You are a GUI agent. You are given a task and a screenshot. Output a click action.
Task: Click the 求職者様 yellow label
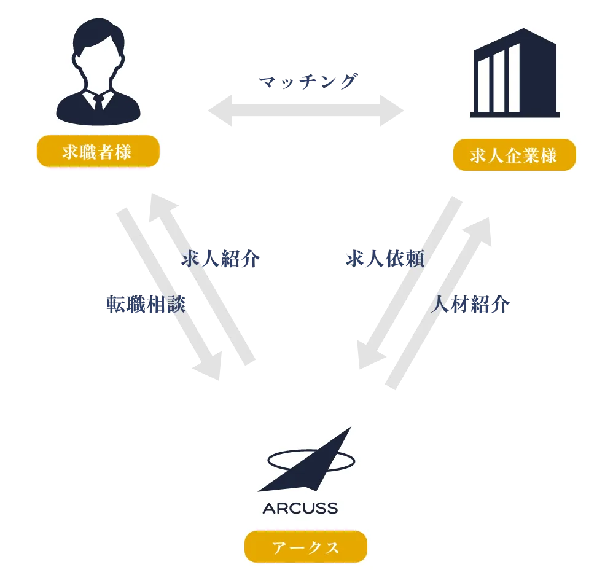click(98, 152)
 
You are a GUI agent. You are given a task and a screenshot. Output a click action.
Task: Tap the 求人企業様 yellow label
click(514, 155)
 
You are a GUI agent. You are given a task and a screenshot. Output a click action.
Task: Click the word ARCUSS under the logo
click(300, 509)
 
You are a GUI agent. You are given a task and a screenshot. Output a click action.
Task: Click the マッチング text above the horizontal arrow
click(306, 82)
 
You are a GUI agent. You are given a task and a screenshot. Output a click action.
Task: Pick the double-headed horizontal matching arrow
click(307, 111)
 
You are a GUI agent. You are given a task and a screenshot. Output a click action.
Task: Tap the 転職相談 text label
click(145, 304)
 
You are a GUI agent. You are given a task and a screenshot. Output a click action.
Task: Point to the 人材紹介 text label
click(470, 305)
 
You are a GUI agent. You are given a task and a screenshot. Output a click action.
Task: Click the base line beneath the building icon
click(515, 114)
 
